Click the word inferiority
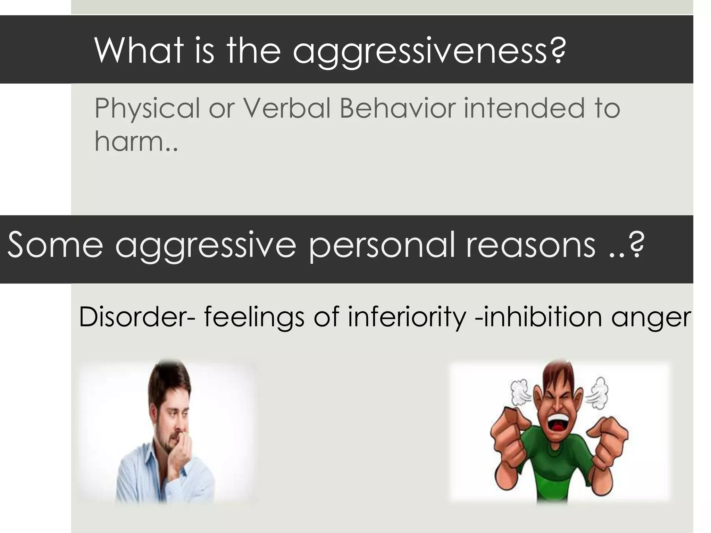(x=407, y=318)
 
